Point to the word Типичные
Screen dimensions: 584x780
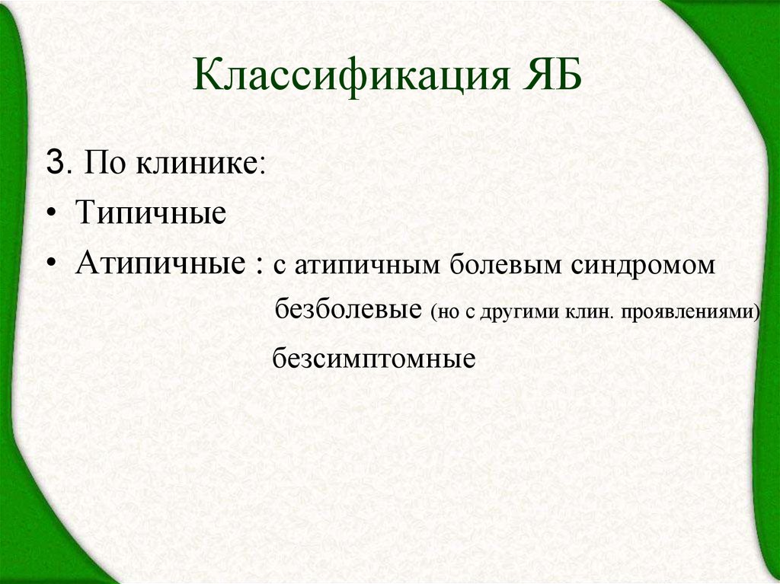(150, 213)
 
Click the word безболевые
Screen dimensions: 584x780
(349, 311)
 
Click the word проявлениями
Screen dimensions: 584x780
(692, 313)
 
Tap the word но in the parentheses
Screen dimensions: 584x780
(445, 313)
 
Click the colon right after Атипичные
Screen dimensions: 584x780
(261, 266)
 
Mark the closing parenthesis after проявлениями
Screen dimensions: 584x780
(758, 313)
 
